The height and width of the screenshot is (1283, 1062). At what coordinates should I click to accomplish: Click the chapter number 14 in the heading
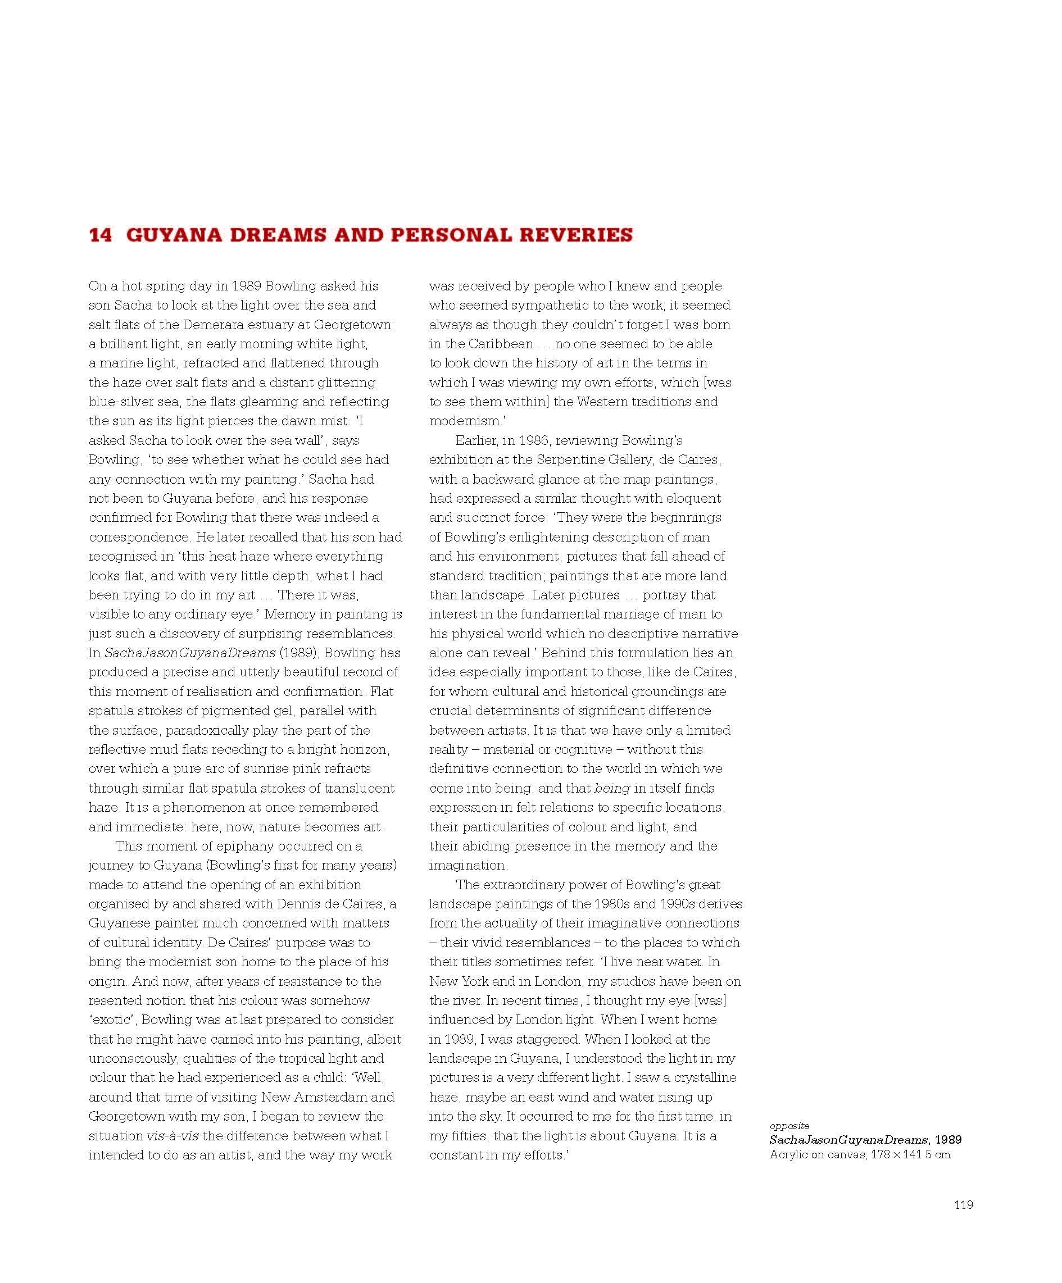tap(101, 235)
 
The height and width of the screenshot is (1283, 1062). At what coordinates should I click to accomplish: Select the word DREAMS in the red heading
tap(267, 235)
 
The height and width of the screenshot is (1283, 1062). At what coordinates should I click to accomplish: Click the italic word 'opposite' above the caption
tap(789, 1125)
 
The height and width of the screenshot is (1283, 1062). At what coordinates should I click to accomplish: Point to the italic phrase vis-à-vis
tap(173, 1136)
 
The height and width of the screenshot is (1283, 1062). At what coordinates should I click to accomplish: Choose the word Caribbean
tap(501, 344)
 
